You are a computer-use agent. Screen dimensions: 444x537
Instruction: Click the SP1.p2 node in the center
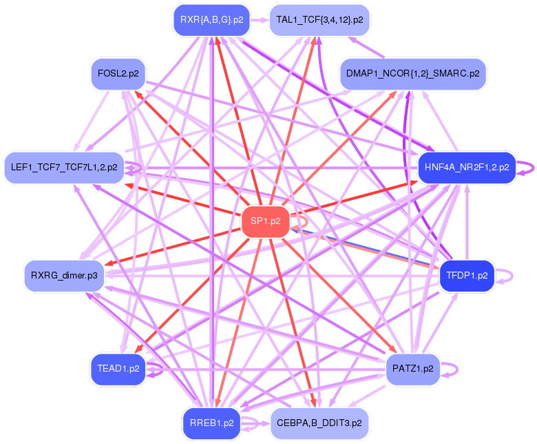[x=265, y=221]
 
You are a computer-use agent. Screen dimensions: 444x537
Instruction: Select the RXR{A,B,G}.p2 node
[x=211, y=20]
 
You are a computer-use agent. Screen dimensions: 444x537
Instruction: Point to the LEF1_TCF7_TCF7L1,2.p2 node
[x=64, y=167]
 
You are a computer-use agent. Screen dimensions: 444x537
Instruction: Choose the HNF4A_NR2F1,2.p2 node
[x=466, y=167]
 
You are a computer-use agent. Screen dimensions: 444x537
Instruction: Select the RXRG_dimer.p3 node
[x=63, y=276]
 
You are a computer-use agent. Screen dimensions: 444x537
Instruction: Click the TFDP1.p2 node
[x=467, y=276]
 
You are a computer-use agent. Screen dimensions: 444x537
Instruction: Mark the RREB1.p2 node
[x=211, y=423]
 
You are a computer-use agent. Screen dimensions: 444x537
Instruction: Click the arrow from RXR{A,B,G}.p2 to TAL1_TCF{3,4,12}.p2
[x=258, y=20]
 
